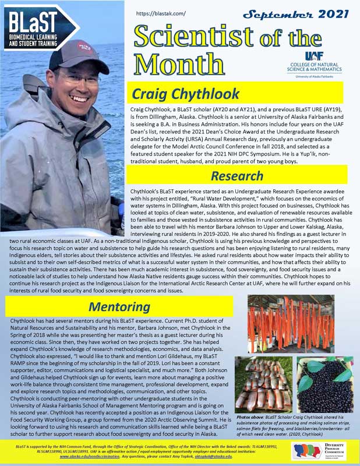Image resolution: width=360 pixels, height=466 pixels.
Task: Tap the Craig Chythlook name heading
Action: click(186, 93)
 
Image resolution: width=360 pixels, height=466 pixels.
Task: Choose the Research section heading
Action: click(237, 175)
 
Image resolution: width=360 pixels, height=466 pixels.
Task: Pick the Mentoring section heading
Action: click(120, 306)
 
